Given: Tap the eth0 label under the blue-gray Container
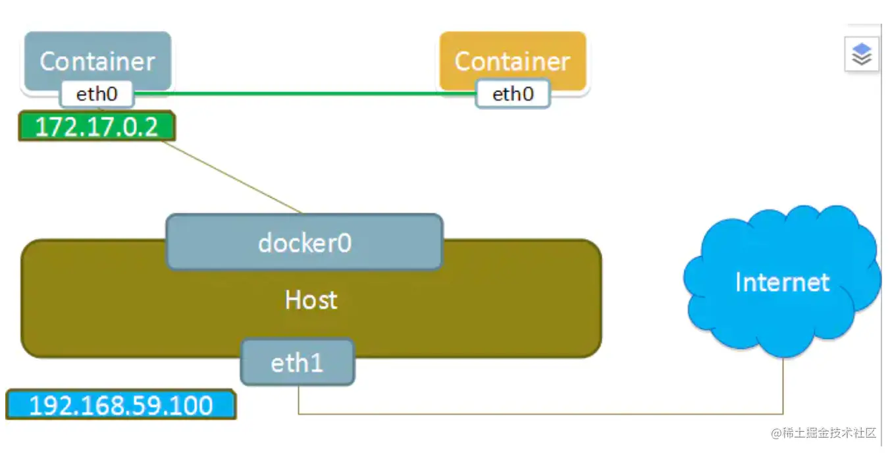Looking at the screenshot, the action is pyautogui.click(x=97, y=94).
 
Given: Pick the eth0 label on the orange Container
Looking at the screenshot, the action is pyautogui.click(x=513, y=94).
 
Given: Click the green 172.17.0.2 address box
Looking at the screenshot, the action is pyautogui.click(x=97, y=126).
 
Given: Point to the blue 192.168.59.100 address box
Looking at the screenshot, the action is pyautogui.click(x=121, y=405).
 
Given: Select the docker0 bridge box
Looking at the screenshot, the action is pyautogui.click(x=305, y=242).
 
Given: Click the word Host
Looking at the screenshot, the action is pyautogui.click(x=311, y=300).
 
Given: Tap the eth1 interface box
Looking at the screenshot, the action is pyautogui.click(x=298, y=362).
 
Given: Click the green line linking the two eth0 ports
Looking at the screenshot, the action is pyautogui.click(x=305, y=93).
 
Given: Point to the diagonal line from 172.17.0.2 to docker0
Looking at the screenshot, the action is pyautogui.click(x=232, y=177).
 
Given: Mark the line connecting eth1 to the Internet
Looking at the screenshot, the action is pyautogui.click(x=540, y=414).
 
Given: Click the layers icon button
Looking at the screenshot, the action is pyautogui.click(x=862, y=54).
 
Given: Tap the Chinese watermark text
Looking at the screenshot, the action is pyautogui.click(x=824, y=433).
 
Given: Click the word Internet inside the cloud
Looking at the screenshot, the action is pyautogui.click(x=782, y=282).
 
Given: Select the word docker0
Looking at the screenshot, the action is pyautogui.click(x=305, y=243).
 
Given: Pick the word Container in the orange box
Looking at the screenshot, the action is pyautogui.click(x=513, y=62).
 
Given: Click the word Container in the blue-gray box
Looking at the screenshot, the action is pyautogui.click(x=97, y=62).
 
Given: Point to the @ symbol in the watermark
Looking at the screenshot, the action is pyautogui.click(x=776, y=433).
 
